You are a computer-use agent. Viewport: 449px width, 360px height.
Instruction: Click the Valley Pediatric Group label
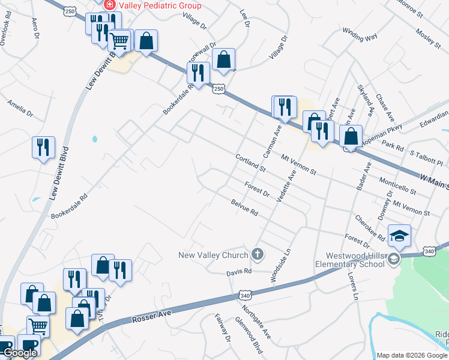[161, 5]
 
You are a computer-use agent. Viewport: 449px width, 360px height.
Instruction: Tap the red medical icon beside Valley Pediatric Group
[110, 5]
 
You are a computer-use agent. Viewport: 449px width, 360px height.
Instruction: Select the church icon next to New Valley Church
[258, 254]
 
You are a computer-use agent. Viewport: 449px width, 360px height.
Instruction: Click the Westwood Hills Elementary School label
[351, 259]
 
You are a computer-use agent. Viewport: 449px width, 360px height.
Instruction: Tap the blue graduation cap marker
[399, 235]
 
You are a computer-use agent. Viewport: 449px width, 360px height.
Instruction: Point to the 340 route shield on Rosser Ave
[244, 295]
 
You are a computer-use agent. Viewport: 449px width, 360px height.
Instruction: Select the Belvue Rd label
[244, 208]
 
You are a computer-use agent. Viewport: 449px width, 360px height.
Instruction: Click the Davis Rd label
[238, 272]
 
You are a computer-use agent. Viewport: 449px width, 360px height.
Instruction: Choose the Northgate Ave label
[256, 322]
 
